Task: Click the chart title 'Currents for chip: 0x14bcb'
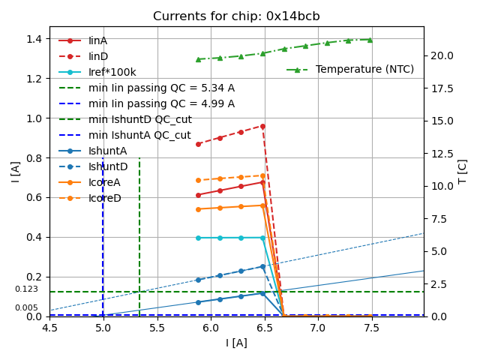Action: [236, 16]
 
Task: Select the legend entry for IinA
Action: [98, 40]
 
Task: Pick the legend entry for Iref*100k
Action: [112, 72]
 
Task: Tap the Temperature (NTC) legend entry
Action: [364, 70]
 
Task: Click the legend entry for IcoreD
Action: [104, 198]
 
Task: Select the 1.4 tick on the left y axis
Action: [34, 38]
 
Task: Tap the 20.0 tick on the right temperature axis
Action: [442, 55]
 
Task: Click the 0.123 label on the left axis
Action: [26, 289]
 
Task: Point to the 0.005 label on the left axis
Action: [26, 308]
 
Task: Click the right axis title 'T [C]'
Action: [463, 171]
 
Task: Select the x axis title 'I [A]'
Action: [236, 343]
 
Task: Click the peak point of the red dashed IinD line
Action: [262, 126]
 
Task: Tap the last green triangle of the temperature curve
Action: [369, 40]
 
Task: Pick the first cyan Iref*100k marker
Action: [198, 238]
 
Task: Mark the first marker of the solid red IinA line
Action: [198, 195]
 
